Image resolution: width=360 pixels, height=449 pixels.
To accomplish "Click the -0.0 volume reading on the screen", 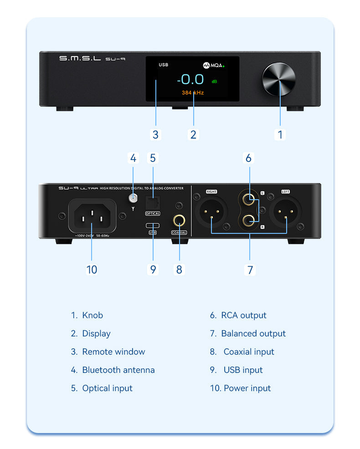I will tap(190, 80).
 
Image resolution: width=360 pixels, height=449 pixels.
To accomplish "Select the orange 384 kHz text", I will tap(193, 93).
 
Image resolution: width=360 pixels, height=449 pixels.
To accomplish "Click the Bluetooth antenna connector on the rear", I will tap(133, 199).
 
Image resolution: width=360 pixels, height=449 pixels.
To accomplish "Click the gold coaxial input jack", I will tap(179, 222).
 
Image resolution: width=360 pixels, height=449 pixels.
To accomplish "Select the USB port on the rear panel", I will tap(153, 226).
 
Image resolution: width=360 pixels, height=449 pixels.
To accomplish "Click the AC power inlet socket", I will tap(92, 215).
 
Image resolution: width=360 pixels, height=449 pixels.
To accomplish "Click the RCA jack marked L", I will tap(249, 199).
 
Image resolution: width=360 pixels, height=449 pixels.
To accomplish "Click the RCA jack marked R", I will tap(249, 221).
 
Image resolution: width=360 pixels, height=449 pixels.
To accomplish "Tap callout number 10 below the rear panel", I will tap(92, 269).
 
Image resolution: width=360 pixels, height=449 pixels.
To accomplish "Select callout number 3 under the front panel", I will tap(155, 134).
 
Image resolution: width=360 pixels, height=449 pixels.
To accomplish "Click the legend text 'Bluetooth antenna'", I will tap(118, 370).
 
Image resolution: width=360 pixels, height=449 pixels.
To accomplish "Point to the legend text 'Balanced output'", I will tap(253, 334).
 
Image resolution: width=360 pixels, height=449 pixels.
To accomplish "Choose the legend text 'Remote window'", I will tap(113, 352).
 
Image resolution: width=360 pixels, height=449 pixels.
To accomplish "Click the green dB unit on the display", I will tap(214, 81).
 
